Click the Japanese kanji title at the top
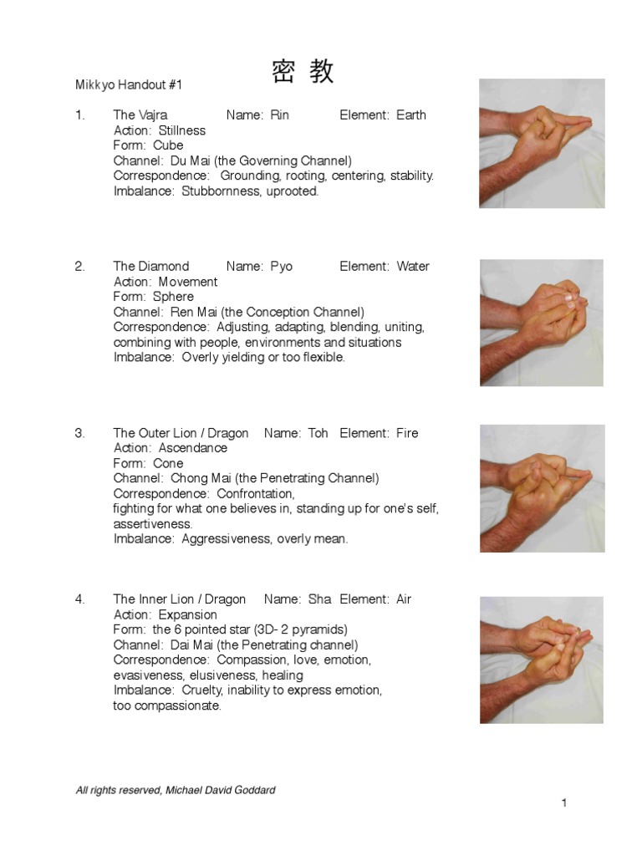click(x=303, y=72)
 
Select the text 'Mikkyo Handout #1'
click(x=128, y=85)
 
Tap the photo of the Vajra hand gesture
click(x=542, y=143)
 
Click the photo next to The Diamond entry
click(x=542, y=322)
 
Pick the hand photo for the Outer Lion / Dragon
click(x=542, y=488)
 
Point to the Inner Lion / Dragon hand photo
click(x=542, y=660)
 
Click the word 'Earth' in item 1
click(x=411, y=115)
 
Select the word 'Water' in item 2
click(x=413, y=267)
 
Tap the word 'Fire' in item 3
click(x=407, y=433)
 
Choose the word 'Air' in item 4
click(x=403, y=599)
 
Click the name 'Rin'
click(x=279, y=115)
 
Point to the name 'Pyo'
click(x=282, y=267)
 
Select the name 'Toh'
click(x=318, y=433)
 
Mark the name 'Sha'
click(x=319, y=599)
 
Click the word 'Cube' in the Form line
click(x=168, y=145)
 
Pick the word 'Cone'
click(x=168, y=463)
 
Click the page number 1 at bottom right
click(x=564, y=803)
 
